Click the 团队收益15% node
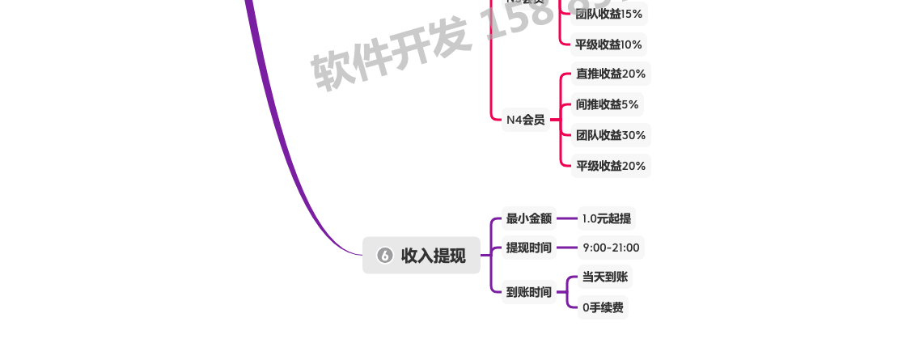point(608,14)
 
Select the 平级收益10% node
point(608,44)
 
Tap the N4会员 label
point(525,120)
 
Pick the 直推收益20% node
point(611,74)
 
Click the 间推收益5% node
point(607,104)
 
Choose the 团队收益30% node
point(611,135)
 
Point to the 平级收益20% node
point(611,166)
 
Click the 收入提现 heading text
point(434,256)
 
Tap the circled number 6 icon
point(385,256)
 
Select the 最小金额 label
point(528,218)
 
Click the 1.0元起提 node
point(606,218)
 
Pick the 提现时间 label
point(528,248)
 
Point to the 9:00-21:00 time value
point(611,248)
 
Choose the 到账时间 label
point(528,292)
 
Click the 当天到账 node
point(604,277)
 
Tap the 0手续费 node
point(603,307)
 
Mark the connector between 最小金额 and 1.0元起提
point(566,218)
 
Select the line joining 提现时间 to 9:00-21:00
point(566,248)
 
